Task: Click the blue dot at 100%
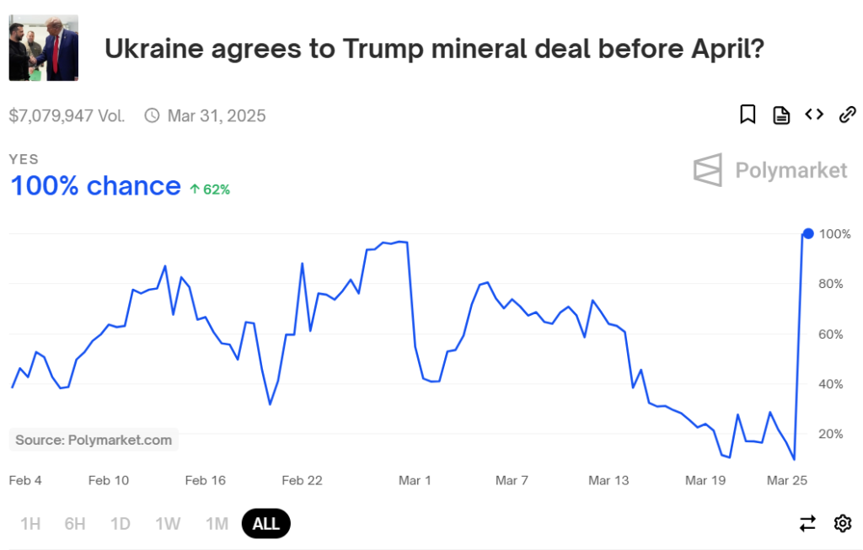point(808,233)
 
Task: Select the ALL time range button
point(265,524)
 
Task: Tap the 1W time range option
point(168,524)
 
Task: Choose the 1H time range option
point(30,524)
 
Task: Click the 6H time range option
point(75,524)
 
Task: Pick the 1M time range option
point(217,524)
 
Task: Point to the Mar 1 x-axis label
point(415,481)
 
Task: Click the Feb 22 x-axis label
point(303,481)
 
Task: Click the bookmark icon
point(748,115)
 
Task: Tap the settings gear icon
point(842,524)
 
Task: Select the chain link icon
point(847,115)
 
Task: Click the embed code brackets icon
point(813,115)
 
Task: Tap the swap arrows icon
point(807,524)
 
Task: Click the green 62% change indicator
point(210,190)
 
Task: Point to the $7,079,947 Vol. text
point(67,115)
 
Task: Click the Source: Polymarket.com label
point(94,440)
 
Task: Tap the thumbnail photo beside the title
point(43,47)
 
